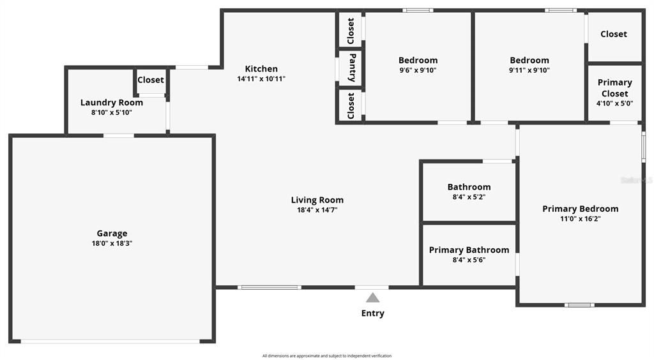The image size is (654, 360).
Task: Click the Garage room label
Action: pyautogui.click(x=112, y=234)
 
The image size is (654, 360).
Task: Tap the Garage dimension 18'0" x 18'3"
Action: pyautogui.click(x=112, y=243)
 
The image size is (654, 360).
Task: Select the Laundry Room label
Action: pyautogui.click(x=112, y=103)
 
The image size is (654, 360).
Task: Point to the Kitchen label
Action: pyautogui.click(x=261, y=69)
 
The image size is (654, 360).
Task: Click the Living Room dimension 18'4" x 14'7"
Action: pyautogui.click(x=317, y=209)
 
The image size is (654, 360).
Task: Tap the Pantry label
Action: pyautogui.click(x=351, y=68)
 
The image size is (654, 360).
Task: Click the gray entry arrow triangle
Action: pyautogui.click(x=373, y=297)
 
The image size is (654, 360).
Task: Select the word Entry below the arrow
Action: pyautogui.click(x=373, y=313)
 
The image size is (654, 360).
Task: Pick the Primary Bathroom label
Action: pyautogui.click(x=469, y=250)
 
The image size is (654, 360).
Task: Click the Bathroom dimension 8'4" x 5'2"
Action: pyautogui.click(x=469, y=197)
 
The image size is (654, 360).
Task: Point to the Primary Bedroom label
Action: pyautogui.click(x=580, y=209)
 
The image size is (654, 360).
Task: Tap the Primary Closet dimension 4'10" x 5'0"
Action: pyautogui.click(x=614, y=103)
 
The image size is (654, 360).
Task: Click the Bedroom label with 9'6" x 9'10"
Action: pyautogui.click(x=418, y=61)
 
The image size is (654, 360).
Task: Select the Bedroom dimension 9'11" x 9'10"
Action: pyautogui.click(x=529, y=70)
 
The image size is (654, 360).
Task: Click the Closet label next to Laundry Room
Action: pyautogui.click(x=151, y=80)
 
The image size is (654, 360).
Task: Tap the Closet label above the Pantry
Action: pyautogui.click(x=351, y=31)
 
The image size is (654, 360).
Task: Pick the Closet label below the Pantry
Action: pyautogui.click(x=351, y=105)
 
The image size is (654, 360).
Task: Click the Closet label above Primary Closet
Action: pyautogui.click(x=613, y=34)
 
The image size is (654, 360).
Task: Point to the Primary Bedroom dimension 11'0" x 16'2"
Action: pyautogui.click(x=580, y=219)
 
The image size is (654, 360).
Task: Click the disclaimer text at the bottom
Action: pyautogui.click(x=326, y=356)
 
